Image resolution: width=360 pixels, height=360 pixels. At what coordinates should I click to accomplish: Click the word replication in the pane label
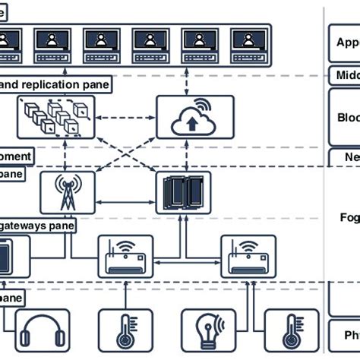click(56, 84)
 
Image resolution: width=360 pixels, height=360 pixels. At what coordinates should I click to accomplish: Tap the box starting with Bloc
click(344, 118)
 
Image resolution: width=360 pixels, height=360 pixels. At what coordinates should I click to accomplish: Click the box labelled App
click(344, 43)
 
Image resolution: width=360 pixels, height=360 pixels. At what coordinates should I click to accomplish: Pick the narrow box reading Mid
click(344, 75)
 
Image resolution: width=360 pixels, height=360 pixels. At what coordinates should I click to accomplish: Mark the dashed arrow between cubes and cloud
click(125, 117)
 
